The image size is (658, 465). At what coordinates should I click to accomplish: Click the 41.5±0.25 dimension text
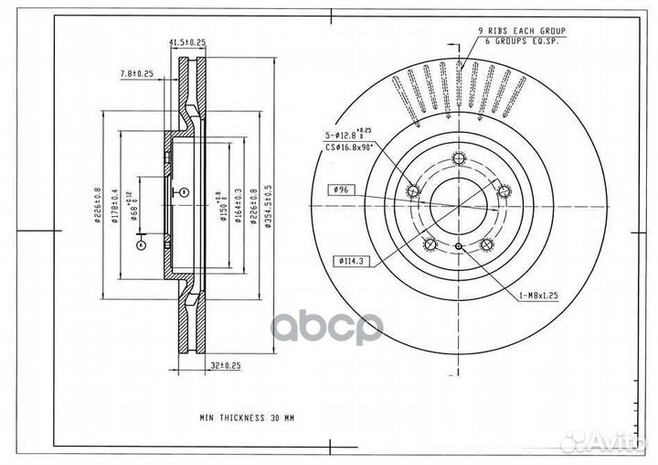click(x=186, y=42)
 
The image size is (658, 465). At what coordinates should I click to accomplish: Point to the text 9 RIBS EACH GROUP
click(x=521, y=31)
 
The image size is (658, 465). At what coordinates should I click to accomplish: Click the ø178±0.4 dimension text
click(x=113, y=202)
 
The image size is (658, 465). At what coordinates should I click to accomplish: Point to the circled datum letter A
click(x=141, y=245)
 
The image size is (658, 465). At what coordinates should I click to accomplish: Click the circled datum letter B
click(x=183, y=191)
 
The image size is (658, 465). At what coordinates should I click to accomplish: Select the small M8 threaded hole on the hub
click(x=458, y=247)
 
